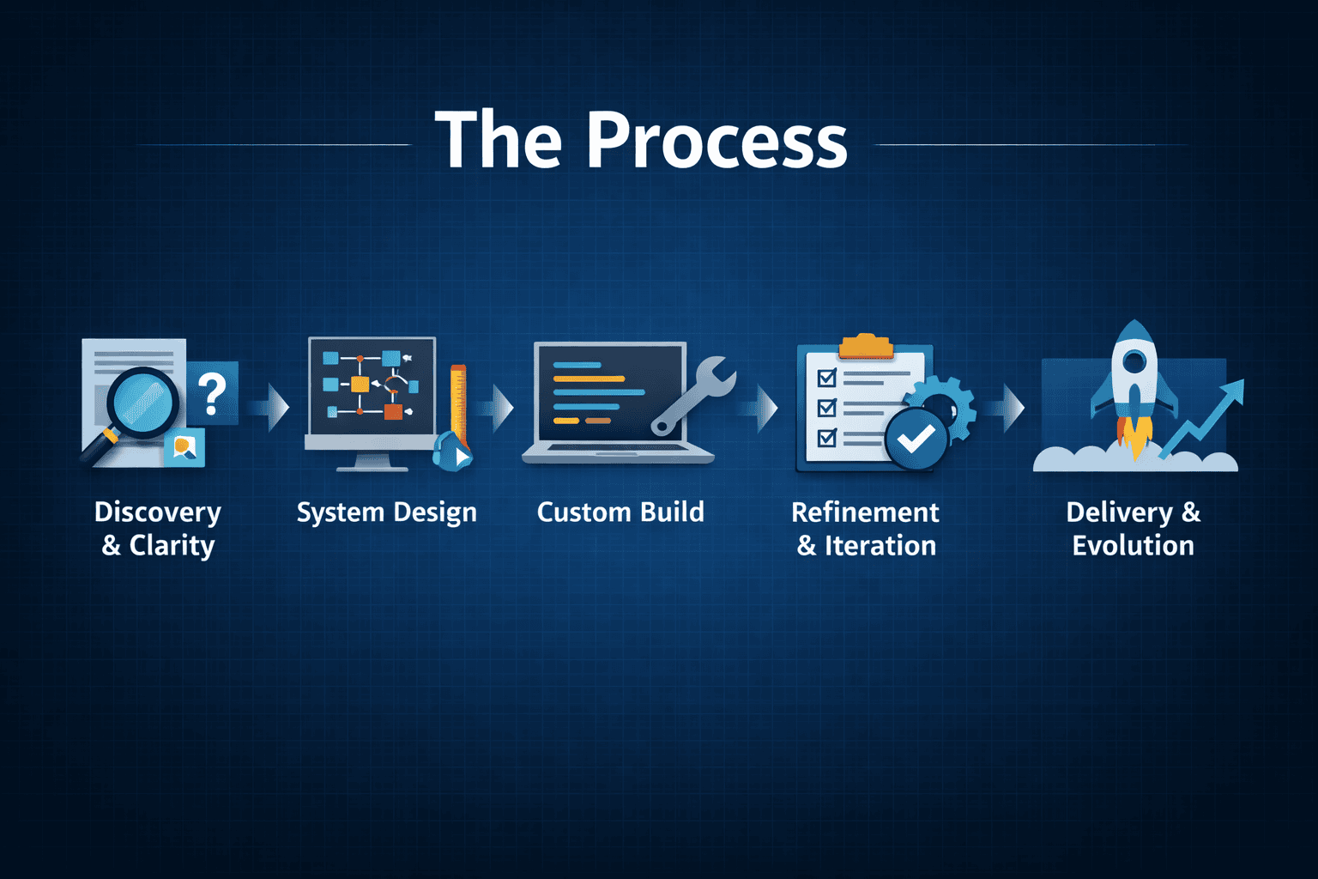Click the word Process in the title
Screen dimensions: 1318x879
point(717,140)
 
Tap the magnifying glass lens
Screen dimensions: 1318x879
point(143,403)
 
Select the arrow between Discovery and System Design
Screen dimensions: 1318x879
point(270,408)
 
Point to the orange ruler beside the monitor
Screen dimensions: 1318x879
point(458,406)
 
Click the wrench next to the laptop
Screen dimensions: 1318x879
point(693,396)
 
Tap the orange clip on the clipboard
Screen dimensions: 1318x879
point(865,346)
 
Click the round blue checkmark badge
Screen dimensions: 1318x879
point(916,439)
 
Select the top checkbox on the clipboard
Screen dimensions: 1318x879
point(827,377)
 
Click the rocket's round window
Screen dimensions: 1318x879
point(1135,359)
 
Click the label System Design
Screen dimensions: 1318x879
point(387,512)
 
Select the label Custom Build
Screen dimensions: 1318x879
point(620,512)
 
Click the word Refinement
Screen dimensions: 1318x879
point(865,512)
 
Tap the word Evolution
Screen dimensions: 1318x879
point(1134,545)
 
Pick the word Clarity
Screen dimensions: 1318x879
point(172,546)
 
